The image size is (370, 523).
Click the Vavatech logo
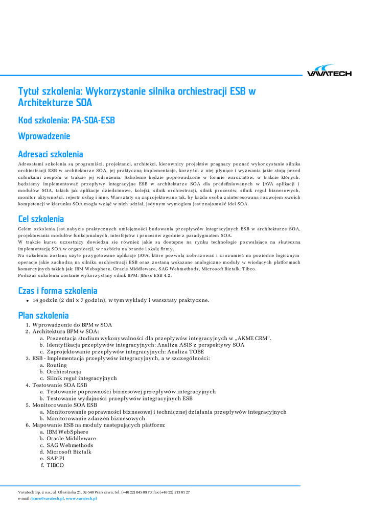click(x=329, y=71)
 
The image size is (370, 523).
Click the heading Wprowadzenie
click(x=44, y=136)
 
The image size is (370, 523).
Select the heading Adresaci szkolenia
click(x=50, y=154)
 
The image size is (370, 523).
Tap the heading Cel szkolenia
click(x=41, y=219)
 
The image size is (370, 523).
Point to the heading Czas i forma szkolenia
click(x=58, y=291)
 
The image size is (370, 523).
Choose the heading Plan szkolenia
click(x=43, y=316)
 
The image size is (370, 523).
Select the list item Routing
click(x=57, y=365)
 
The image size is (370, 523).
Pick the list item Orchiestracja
click(x=64, y=372)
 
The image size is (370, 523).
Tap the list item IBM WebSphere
click(x=67, y=432)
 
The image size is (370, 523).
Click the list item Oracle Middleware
click(x=71, y=438)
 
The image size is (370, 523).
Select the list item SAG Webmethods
click(x=70, y=445)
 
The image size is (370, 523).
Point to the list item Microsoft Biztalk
click(x=69, y=451)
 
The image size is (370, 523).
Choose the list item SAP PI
click(x=56, y=458)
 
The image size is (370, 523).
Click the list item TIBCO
click(x=55, y=465)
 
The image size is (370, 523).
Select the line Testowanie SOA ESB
click(x=59, y=385)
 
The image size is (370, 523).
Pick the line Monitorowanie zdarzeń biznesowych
click(x=88, y=418)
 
